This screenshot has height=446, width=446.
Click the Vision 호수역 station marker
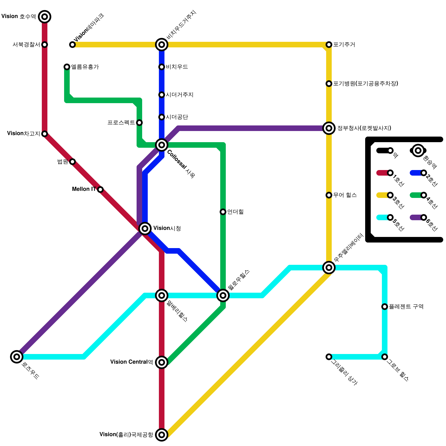[x=45, y=17]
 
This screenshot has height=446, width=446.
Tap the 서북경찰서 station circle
[x=45, y=45]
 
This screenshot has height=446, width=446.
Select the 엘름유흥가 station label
[x=85, y=67]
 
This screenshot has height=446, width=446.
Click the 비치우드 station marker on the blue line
[x=162, y=67]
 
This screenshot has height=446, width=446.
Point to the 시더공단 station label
[x=177, y=117]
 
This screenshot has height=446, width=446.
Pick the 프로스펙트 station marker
[x=139, y=123]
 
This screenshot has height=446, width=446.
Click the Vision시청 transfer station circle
[x=145, y=229]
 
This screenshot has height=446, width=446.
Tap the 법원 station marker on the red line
[x=72, y=162]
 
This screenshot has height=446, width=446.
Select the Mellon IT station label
[x=84, y=189]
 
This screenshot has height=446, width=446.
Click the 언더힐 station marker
[x=223, y=212]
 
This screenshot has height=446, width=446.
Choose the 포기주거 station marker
[x=329, y=45]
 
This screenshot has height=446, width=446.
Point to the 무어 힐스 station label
[x=345, y=195]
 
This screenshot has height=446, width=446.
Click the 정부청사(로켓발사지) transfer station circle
[x=329, y=128]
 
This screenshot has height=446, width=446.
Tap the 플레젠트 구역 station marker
[x=385, y=307]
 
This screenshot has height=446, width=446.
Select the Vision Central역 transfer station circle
[x=162, y=362]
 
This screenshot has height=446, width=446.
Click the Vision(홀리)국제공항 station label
[x=126, y=435]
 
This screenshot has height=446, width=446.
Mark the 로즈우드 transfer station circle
[x=17, y=357]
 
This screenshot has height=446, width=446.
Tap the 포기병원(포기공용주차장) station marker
[x=329, y=84]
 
